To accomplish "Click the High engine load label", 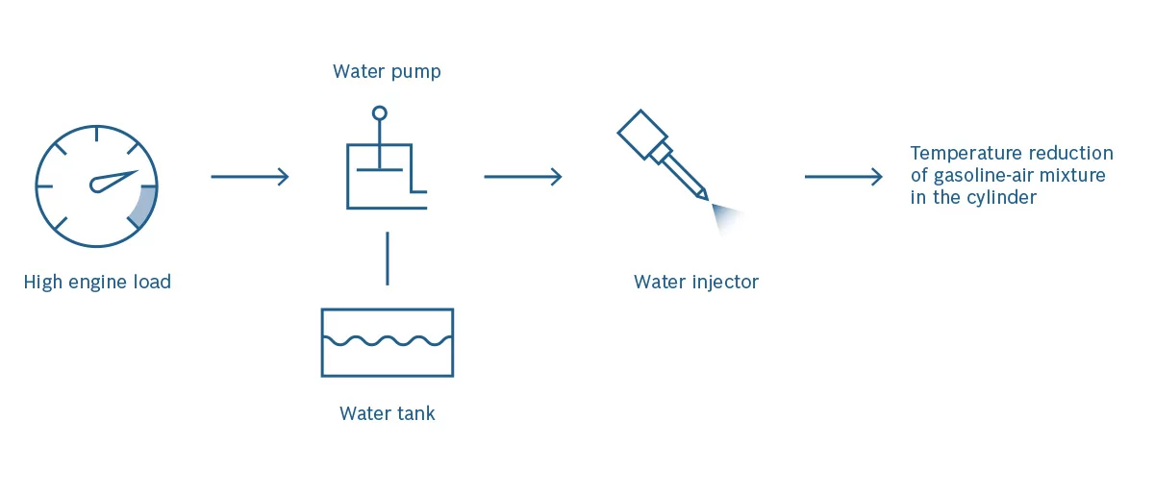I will (x=97, y=283).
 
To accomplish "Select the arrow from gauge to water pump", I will (x=249, y=177).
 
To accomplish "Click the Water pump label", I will (x=387, y=72).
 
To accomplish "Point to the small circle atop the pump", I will (x=380, y=113).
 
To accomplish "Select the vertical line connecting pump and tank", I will (x=387, y=258).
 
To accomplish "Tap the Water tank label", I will (x=387, y=414).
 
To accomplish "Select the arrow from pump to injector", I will (x=522, y=177).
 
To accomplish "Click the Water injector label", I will (x=695, y=283).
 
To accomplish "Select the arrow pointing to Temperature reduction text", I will (x=842, y=177).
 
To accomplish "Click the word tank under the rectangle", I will (x=414, y=414).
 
